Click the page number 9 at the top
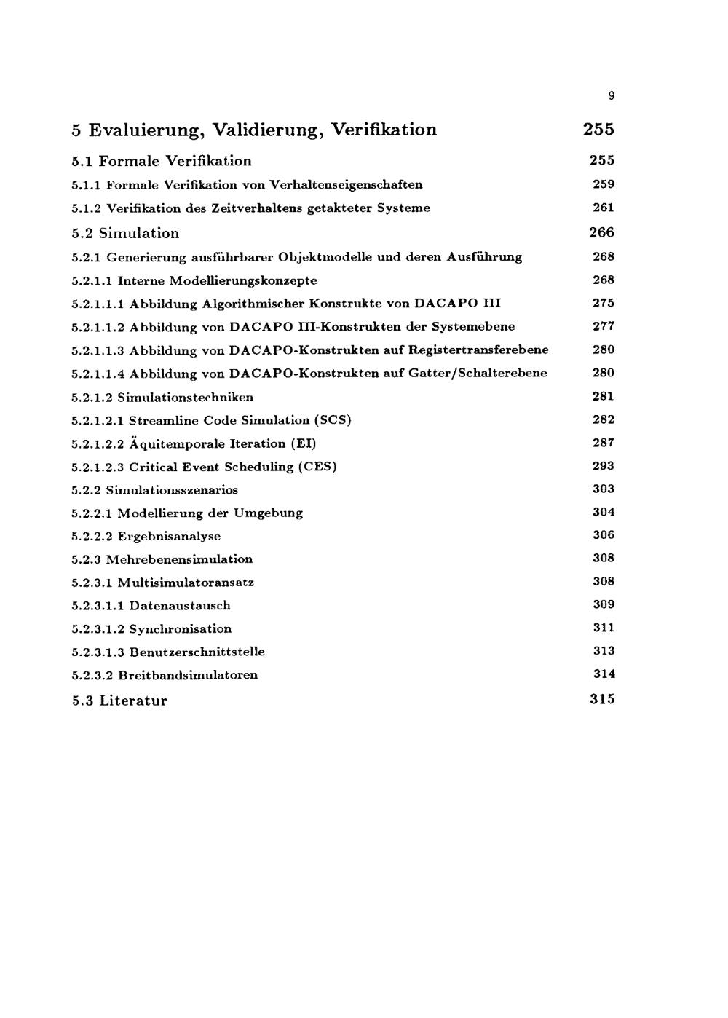(612, 95)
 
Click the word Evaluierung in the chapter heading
(145, 130)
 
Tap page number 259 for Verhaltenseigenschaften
(603, 184)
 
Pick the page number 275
(603, 303)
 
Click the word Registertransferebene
(478, 350)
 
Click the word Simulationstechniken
(186, 398)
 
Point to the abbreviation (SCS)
(332, 420)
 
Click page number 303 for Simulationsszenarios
(603, 489)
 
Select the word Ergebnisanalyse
(169, 537)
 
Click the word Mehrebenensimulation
(179, 559)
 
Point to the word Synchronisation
(180, 629)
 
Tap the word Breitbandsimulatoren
(187, 675)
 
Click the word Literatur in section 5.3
(133, 701)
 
